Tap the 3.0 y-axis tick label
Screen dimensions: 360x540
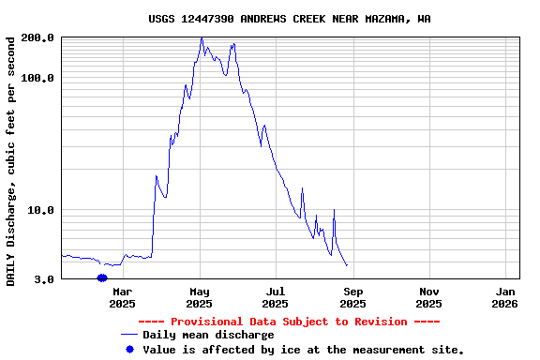44,279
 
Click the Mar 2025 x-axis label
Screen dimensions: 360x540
123,297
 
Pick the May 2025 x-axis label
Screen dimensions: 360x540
200,297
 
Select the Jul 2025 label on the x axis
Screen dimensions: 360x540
276,297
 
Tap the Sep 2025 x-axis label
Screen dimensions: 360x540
352,297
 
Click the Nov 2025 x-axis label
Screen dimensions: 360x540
428,297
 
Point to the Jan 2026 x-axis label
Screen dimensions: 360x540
504,297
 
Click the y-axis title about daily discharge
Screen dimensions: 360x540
11,161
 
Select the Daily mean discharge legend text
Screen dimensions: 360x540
208,335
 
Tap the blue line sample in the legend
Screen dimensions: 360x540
129,335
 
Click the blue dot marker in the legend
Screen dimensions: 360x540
129,349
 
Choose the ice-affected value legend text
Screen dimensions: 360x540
304,349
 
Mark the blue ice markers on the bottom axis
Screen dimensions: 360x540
101,277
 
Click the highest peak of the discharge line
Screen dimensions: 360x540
202,38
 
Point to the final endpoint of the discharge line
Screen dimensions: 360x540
347,266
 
